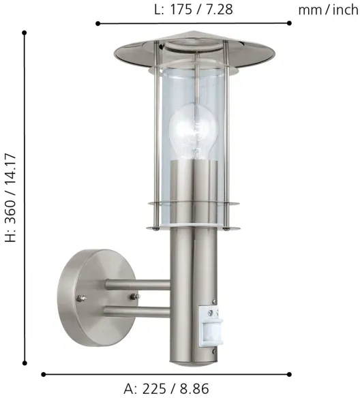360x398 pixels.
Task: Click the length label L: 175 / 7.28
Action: pos(194,10)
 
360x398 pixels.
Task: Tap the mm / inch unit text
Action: pos(328,10)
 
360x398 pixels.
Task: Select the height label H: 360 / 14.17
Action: pos(11,198)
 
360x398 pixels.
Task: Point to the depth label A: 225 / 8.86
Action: pos(166,388)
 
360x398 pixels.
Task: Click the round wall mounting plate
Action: pos(97,298)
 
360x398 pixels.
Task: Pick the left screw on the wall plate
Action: pos(82,298)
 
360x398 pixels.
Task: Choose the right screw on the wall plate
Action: pos(135,296)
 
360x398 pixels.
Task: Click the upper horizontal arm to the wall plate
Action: pos(138,285)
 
